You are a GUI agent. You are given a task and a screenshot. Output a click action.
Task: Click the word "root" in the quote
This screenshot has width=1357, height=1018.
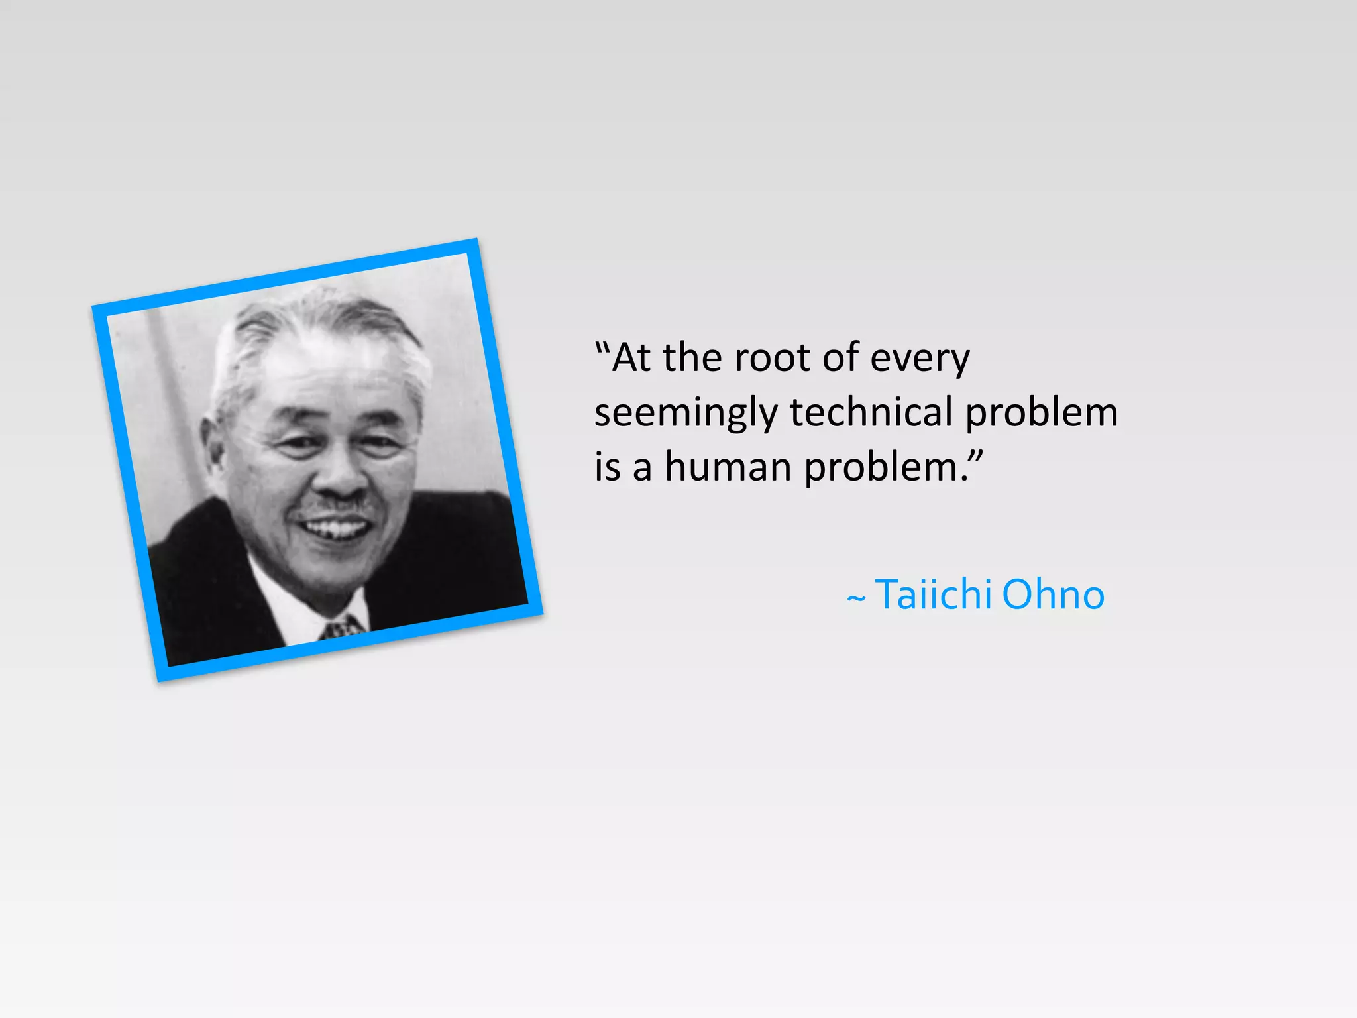pyautogui.click(x=772, y=359)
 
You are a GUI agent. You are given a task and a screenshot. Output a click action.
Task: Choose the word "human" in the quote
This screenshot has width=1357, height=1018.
pyautogui.click(x=728, y=467)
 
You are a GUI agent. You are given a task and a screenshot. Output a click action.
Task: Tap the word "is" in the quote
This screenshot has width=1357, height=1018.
pyautogui.click(x=607, y=467)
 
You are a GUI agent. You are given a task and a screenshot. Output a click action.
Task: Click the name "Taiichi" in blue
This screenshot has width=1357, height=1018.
pyautogui.click(x=933, y=594)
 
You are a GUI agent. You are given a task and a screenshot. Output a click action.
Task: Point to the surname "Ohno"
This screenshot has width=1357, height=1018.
pyautogui.click(x=1053, y=594)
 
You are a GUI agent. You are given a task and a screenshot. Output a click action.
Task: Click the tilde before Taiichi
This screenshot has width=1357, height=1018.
pyautogui.click(x=856, y=599)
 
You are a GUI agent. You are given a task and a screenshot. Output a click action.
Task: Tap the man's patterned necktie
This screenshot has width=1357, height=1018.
pyautogui.click(x=343, y=627)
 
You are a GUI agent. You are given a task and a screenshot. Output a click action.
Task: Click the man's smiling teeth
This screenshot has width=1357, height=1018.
pyautogui.click(x=335, y=529)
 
